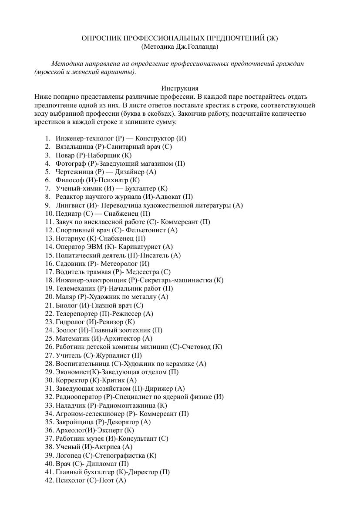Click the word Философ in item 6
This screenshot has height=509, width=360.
coord(68,180)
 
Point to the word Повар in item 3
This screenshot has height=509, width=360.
coord(65,155)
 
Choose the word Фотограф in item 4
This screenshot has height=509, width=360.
coord(71,164)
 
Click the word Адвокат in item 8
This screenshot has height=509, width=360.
coord(168,197)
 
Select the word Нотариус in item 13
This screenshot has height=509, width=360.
coord(71,238)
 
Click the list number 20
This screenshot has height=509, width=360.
coord(49,297)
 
